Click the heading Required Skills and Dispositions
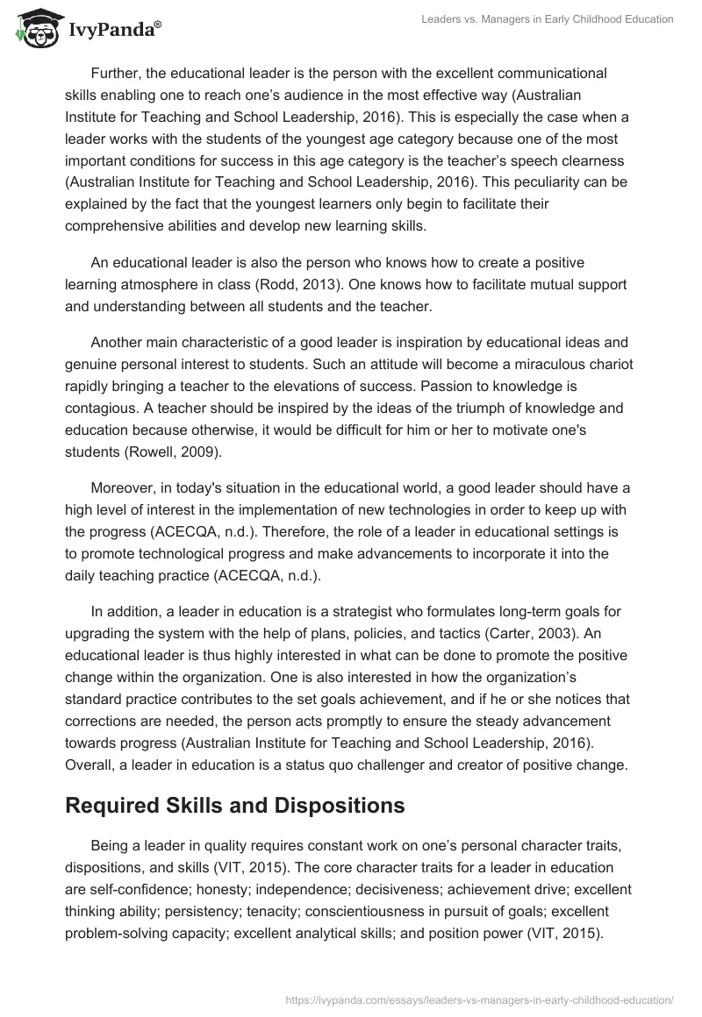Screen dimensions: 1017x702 coord(235,806)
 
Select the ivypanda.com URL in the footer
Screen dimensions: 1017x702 coord(481,999)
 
